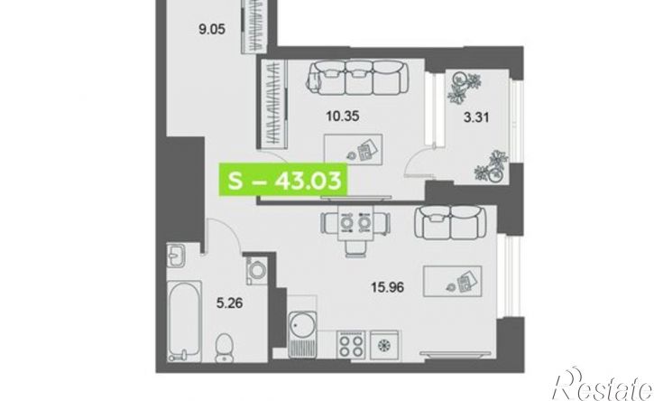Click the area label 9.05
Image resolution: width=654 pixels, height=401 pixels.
(212, 30)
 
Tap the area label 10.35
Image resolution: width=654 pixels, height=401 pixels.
(343, 117)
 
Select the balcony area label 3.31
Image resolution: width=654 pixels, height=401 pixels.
(476, 117)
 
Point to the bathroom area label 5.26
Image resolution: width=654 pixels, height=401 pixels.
(229, 303)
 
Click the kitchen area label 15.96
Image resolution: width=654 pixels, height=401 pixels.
(388, 287)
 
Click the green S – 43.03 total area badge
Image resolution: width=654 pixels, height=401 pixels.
(283, 181)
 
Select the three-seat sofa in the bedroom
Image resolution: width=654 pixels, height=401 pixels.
(357, 78)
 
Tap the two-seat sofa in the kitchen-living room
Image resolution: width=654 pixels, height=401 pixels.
(450, 222)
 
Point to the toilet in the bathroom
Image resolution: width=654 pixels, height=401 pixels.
(225, 347)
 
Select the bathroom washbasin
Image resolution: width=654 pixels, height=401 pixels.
(176, 256)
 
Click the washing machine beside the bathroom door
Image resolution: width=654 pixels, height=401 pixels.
(255, 269)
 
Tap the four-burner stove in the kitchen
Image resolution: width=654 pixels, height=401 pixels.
(351, 345)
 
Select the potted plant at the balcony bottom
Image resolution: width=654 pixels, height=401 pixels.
(493, 167)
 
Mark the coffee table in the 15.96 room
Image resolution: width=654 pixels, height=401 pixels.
(453, 281)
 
